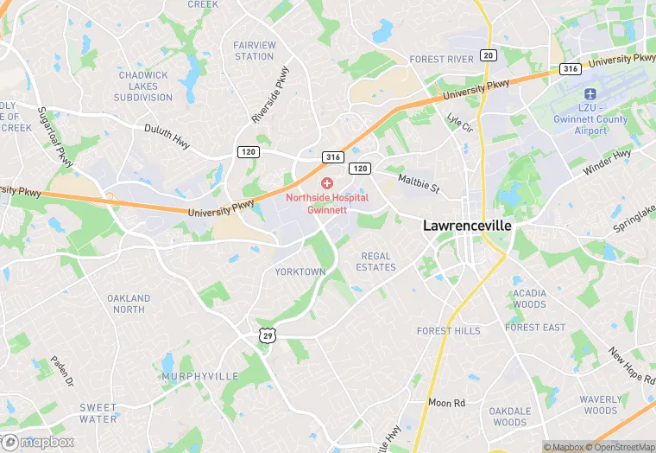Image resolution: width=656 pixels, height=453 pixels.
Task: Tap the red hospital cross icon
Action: [327, 183]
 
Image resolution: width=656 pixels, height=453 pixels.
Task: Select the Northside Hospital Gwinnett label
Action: [327, 203]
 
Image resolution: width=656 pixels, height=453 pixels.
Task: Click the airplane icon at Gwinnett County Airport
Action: [590, 94]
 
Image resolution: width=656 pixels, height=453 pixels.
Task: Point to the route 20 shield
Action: [489, 55]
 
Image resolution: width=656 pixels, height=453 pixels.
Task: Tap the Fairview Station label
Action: [254, 51]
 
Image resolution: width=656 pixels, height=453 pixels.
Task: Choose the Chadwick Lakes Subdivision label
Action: [144, 86]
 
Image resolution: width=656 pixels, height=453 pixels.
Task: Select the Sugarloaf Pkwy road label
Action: [55, 136]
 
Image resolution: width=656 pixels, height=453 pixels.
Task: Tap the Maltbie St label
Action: [419, 183]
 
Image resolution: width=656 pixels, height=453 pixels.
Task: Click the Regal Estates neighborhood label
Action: [376, 262]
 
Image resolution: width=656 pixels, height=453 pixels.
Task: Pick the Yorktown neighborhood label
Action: [300, 271]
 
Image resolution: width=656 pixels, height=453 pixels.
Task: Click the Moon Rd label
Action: [446, 403]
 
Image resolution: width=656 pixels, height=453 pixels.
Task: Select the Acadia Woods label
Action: [529, 298]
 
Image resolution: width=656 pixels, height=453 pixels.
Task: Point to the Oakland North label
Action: [129, 303]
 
